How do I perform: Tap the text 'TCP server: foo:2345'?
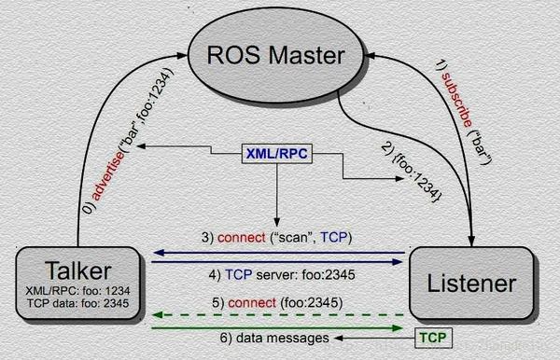(x=275, y=274)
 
